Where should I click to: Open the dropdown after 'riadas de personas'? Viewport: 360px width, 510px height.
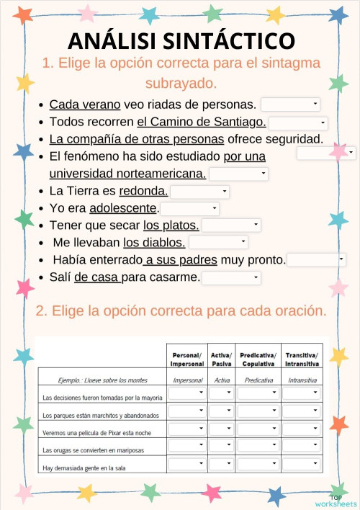click(290, 104)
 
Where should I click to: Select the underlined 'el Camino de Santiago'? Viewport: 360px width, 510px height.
click(202, 122)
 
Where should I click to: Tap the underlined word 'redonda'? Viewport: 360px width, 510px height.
click(143, 191)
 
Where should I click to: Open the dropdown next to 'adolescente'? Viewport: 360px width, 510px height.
click(190, 209)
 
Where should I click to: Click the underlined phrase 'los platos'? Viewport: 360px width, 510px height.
click(171, 225)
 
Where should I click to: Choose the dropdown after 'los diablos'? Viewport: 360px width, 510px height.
click(218, 243)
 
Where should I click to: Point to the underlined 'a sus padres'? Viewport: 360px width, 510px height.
click(178, 260)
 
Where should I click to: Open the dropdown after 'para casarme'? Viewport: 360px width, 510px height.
click(231, 278)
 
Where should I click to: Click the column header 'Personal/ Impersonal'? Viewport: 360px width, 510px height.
click(187, 359)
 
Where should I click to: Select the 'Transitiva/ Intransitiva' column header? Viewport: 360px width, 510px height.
click(302, 359)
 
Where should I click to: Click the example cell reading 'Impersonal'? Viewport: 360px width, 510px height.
click(187, 380)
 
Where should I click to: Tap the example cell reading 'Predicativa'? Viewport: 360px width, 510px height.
click(258, 380)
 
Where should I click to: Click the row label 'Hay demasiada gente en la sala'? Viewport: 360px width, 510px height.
click(84, 468)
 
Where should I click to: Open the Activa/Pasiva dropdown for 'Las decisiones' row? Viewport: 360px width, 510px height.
click(221, 393)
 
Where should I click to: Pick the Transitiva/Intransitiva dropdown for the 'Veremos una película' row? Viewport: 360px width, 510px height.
click(301, 429)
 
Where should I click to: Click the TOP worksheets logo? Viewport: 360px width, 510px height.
click(336, 501)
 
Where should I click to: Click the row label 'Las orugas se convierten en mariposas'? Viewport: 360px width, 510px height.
click(93, 450)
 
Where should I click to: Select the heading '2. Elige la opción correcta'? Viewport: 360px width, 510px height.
click(181, 312)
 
